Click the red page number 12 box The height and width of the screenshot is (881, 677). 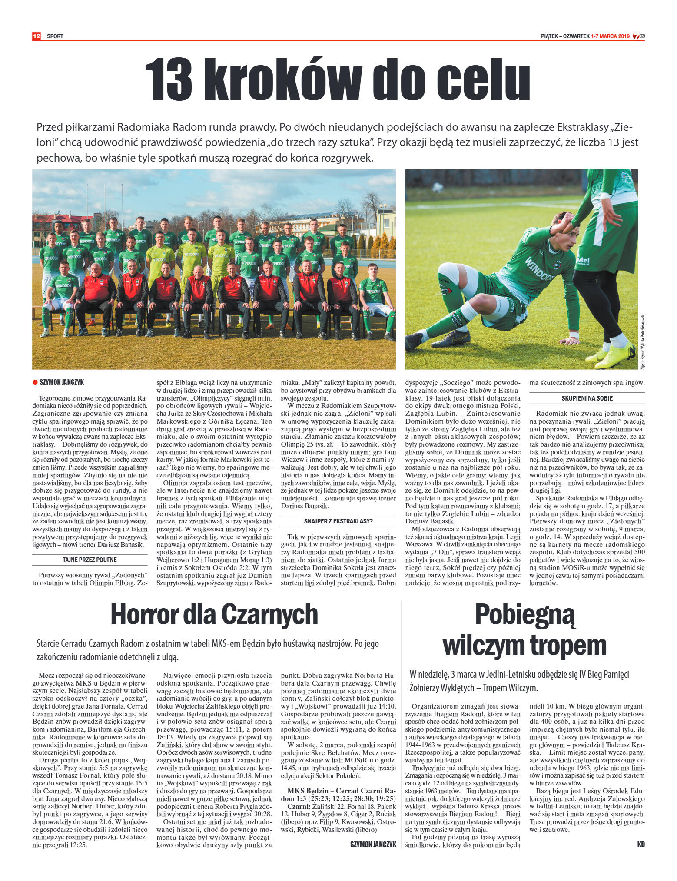click(37, 36)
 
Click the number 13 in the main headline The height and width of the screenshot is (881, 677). click(169, 80)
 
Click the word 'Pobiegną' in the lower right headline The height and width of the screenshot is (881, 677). click(524, 614)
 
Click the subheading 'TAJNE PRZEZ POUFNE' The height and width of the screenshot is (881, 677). click(90, 560)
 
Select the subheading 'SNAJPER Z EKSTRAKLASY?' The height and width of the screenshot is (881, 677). click(338, 521)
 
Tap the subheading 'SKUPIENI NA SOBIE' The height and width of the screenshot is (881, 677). click(587, 398)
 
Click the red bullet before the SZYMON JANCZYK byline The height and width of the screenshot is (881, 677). click(35, 382)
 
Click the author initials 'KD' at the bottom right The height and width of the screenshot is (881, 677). click(640, 844)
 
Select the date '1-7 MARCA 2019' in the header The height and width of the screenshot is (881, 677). click(610, 36)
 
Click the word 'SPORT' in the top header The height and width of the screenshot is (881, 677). click(55, 36)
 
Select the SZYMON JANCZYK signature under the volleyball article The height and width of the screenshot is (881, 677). click(373, 844)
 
